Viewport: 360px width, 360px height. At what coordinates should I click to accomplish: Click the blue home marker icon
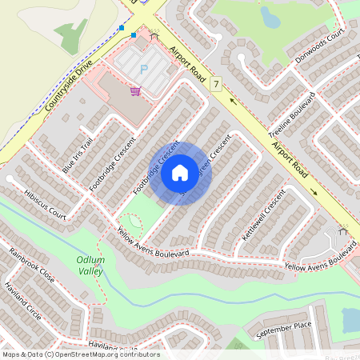(180, 172)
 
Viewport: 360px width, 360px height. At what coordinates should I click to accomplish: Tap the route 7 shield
(216, 83)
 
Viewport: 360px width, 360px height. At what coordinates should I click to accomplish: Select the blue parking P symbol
(144, 70)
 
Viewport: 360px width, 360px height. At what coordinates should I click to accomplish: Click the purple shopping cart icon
(136, 91)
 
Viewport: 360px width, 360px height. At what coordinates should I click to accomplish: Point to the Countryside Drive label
(70, 82)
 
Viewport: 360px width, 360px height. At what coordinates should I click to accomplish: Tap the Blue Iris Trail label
(78, 155)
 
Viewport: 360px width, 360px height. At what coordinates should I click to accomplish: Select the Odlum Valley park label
(90, 266)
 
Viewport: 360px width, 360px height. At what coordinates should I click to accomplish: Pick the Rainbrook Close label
(32, 265)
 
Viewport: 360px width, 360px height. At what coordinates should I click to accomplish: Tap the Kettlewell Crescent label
(263, 216)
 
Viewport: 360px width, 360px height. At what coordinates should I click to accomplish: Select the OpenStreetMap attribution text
(81, 354)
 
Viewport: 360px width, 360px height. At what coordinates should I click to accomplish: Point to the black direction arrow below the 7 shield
(233, 101)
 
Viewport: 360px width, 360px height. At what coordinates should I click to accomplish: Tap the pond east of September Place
(350, 319)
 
